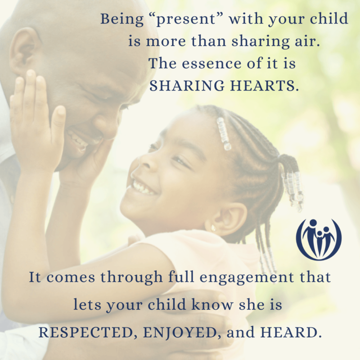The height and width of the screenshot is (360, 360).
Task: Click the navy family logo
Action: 319,239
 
